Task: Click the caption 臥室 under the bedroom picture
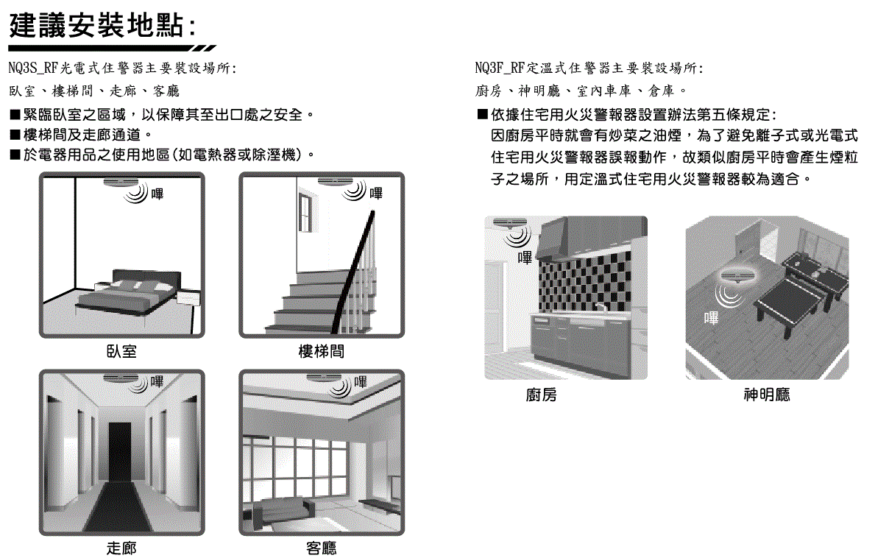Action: (121, 352)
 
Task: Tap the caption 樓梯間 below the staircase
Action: (321, 352)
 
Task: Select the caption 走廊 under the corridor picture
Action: (121, 548)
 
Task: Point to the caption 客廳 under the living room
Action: (321, 548)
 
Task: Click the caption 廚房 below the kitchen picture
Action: (542, 395)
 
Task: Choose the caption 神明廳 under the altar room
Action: (767, 395)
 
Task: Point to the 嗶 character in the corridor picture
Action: (157, 382)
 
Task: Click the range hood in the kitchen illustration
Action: (589, 236)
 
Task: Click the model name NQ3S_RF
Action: (33, 68)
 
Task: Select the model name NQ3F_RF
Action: (500, 68)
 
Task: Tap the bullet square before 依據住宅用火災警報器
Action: (482, 115)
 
